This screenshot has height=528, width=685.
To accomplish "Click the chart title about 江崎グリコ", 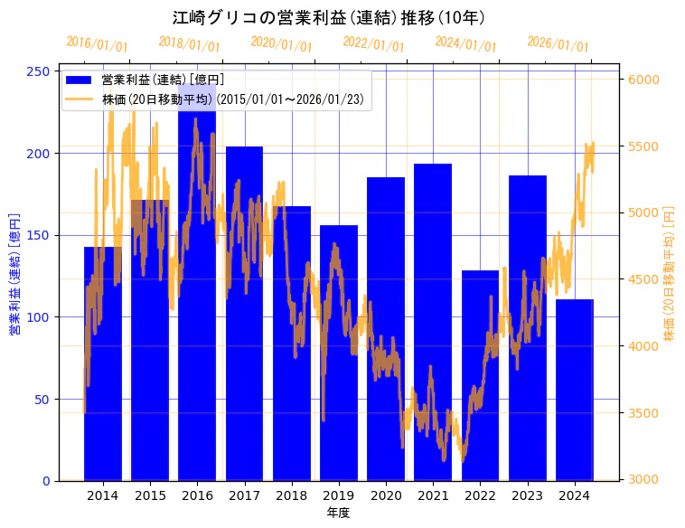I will pos(329,17).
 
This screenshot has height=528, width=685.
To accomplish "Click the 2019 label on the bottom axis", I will pos(338,495).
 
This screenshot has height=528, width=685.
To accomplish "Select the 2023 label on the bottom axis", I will pos(527,495).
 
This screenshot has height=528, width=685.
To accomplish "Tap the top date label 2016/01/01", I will pos(98,44).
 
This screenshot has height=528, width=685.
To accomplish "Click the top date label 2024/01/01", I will pos(465,44).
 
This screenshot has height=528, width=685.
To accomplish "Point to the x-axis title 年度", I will pos(338,513).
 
